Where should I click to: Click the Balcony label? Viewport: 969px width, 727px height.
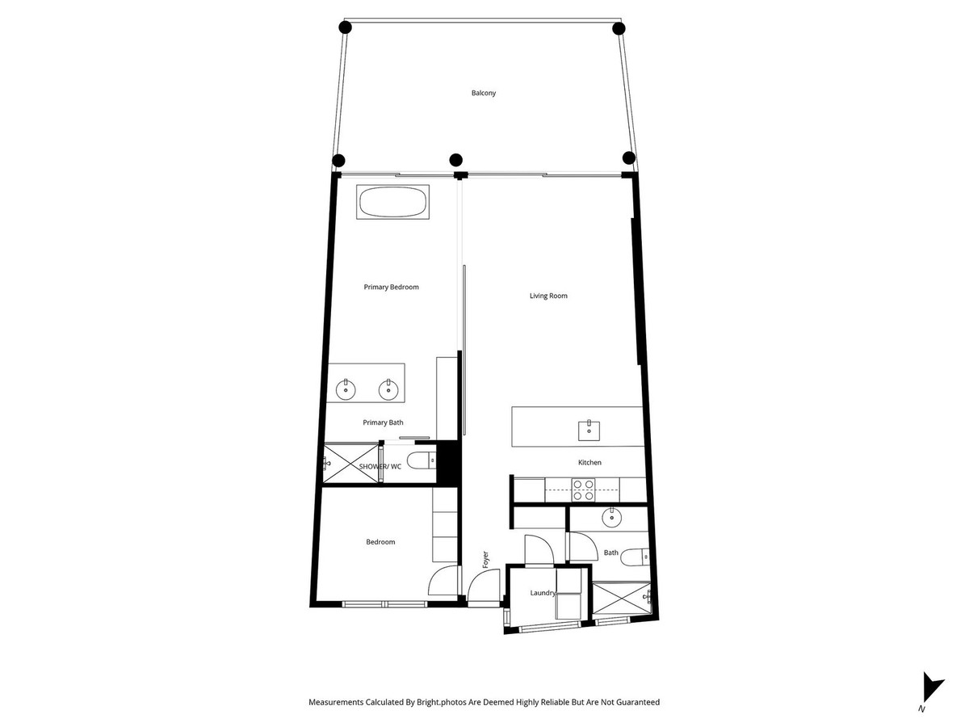pyautogui.click(x=484, y=93)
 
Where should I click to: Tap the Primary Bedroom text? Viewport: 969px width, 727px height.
pyautogui.click(x=391, y=287)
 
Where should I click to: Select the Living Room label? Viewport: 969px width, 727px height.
pyautogui.click(x=548, y=296)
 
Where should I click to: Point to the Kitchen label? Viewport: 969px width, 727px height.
pyautogui.click(x=589, y=463)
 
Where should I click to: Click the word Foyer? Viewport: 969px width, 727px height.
pyautogui.click(x=485, y=559)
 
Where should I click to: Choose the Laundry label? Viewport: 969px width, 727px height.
pyautogui.click(x=543, y=593)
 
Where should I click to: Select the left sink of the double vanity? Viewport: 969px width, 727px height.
pyautogui.click(x=346, y=390)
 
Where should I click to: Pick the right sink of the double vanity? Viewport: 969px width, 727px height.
pyautogui.click(x=388, y=390)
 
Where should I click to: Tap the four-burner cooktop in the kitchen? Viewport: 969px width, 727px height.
pyautogui.click(x=583, y=489)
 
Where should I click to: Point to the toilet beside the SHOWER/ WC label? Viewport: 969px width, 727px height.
pyautogui.click(x=420, y=461)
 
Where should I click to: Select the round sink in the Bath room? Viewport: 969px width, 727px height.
pyautogui.click(x=611, y=518)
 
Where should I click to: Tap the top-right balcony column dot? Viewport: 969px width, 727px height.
pyautogui.click(x=619, y=28)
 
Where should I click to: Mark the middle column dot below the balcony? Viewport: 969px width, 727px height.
pyautogui.click(x=455, y=159)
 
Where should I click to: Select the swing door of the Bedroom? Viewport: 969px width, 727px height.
pyautogui.click(x=443, y=582)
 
